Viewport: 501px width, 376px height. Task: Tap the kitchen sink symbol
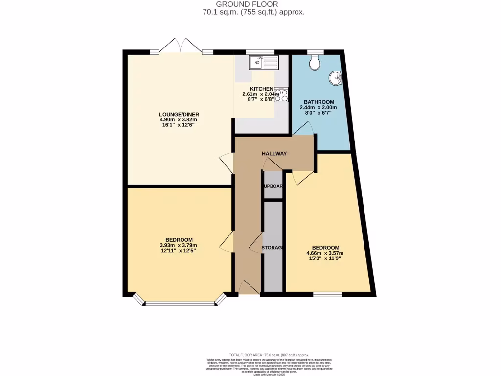[x=264, y=62]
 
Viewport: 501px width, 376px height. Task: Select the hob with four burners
[x=281, y=94]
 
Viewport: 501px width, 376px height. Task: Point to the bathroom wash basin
[x=335, y=78]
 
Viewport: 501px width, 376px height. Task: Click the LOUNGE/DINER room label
[x=179, y=114]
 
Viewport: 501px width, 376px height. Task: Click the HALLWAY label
[x=274, y=154]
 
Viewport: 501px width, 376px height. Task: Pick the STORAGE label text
[x=272, y=248]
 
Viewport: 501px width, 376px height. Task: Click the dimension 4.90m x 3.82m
[x=179, y=120]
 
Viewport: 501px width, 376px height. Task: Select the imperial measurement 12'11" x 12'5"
[x=179, y=251]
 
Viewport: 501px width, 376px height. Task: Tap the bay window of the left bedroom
[x=181, y=303]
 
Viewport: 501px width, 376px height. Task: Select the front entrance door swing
[x=249, y=288]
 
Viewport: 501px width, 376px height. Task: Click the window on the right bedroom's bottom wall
[x=327, y=294]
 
